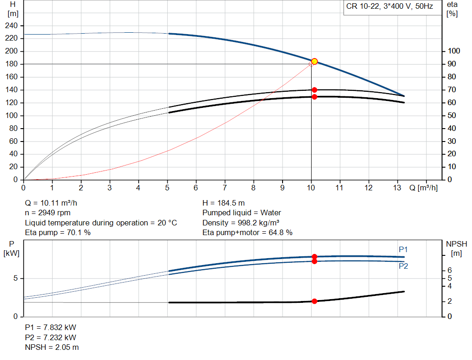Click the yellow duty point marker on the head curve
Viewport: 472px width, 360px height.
click(x=314, y=61)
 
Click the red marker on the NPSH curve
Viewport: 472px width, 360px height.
click(x=314, y=301)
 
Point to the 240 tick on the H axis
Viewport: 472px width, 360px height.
click(x=12, y=25)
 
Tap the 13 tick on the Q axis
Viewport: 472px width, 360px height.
click(x=397, y=188)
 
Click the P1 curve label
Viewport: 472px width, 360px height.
click(x=403, y=249)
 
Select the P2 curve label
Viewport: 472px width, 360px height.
click(x=403, y=266)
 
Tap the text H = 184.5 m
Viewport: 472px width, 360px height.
click(x=224, y=203)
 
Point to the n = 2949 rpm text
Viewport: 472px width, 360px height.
click(x=48, y=213)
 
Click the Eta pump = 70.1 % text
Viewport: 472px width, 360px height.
click(x=58, y=233)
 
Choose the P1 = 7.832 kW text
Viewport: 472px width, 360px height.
click(x=50, y=327)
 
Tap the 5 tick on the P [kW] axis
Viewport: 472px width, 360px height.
click(x=16, y=278)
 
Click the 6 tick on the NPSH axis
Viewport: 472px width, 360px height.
click(x=449, y=271)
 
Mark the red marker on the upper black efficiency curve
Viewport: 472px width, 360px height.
click(x=314, y=90)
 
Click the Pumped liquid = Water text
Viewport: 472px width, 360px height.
click(x=242, y=213)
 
